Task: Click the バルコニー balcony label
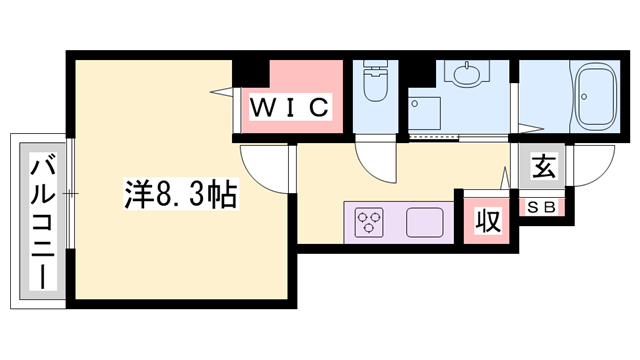point(42,221)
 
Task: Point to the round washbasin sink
point(465,75)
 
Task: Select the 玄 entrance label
point(542,167)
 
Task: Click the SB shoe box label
point(544,207)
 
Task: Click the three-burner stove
point(368,221)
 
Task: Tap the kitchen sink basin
point(423,221)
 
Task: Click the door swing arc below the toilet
point(376,159)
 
